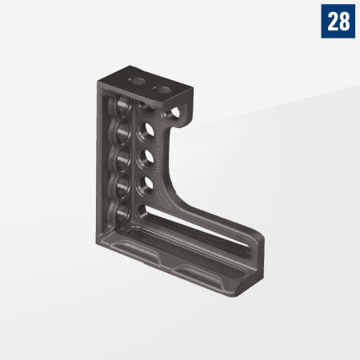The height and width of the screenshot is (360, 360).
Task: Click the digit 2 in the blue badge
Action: tap(332, 22)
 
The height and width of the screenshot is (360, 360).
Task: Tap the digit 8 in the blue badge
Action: tap(344, 22)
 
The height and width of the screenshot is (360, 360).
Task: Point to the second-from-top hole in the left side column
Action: tap(122, 132)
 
